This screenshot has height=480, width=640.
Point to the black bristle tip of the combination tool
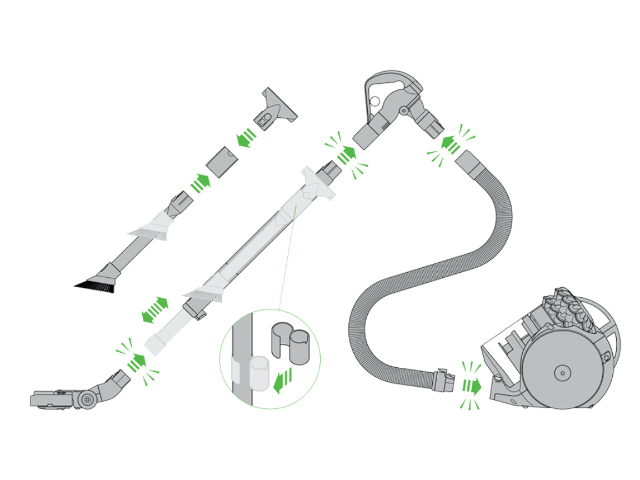pos(95,286)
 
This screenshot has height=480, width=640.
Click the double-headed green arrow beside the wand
pos(155,309)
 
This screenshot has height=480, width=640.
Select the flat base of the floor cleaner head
pos(53,398)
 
